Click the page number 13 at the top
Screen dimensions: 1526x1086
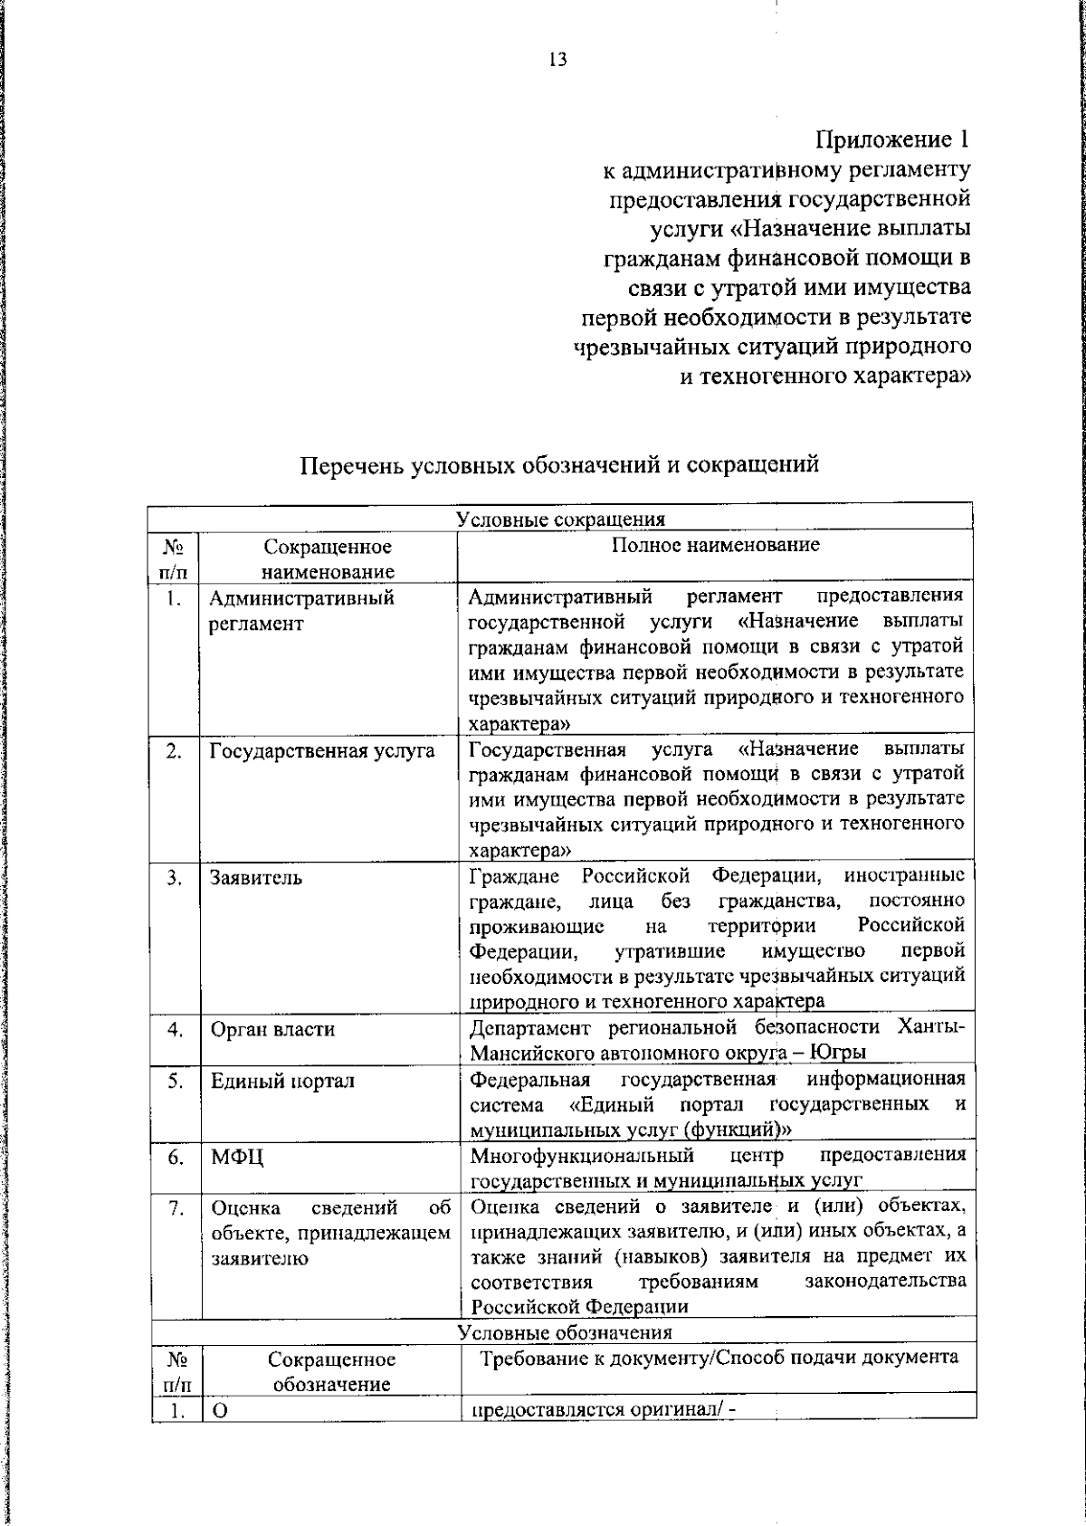(x=557, y=61)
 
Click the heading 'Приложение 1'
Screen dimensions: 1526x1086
(x=892, y=140)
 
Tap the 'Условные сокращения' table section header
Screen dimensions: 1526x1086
(x=560, y=520)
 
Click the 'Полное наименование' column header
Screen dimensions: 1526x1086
(x=715, y=545)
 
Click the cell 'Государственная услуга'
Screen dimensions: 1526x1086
(x=322, y=751)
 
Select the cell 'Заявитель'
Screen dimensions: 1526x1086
(x=256, y=878)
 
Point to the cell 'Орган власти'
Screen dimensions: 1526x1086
(x=272, y=1029)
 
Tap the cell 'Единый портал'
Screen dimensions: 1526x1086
(x=282, y=1081)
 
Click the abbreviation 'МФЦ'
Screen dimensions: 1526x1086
(x=237, y=1158)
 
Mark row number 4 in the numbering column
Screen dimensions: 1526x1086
(x=176, y=1029)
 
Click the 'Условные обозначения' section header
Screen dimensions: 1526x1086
(x=565, y=1332)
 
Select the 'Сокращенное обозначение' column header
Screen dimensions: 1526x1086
(x=331, y=1372)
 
